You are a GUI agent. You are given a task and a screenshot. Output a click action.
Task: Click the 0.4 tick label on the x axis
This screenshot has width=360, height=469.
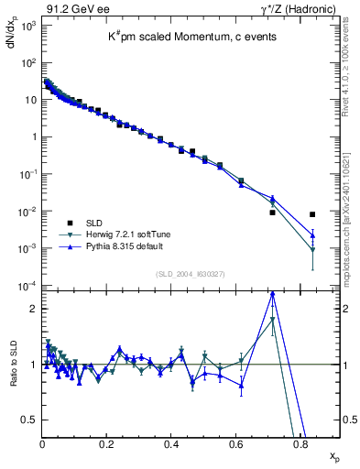tap(171, 445)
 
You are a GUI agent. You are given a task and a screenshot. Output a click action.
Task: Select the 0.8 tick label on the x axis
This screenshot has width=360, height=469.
tap(300, 445)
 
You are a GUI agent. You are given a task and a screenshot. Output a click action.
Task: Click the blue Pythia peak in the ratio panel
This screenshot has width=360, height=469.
tap(272, 294)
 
